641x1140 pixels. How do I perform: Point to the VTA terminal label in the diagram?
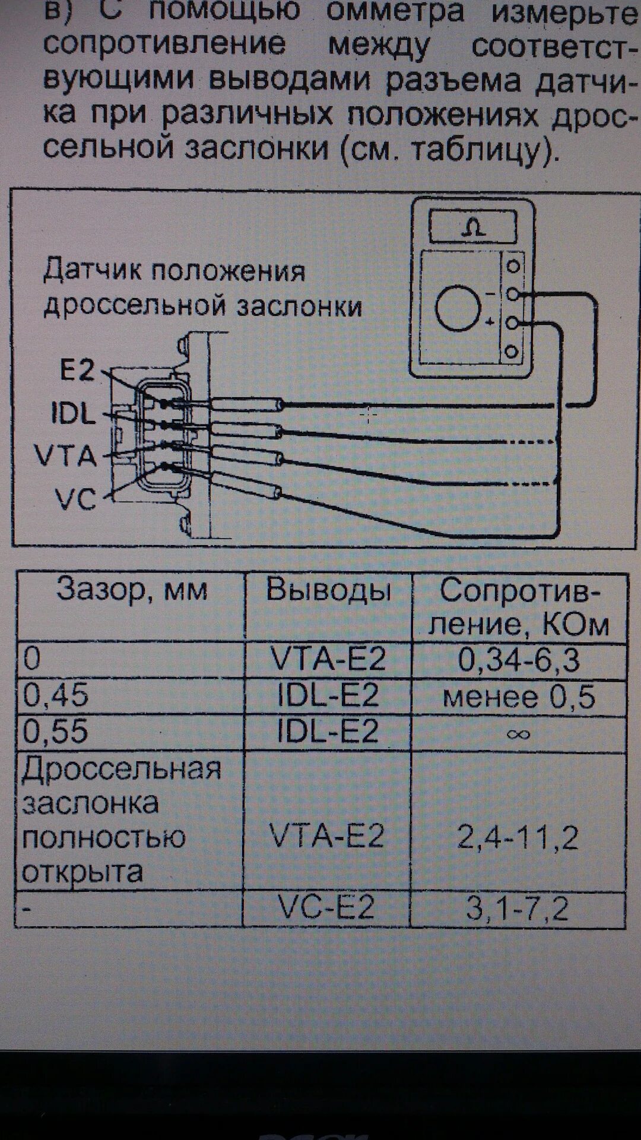point(65,456)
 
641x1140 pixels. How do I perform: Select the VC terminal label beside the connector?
point(75,499)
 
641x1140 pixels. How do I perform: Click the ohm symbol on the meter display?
point(473,228)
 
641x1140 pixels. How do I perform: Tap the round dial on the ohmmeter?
point(458,308)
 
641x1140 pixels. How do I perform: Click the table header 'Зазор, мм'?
point(132,590)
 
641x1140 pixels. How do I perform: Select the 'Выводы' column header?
point(328,590)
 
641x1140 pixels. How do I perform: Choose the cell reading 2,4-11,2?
point(518,838)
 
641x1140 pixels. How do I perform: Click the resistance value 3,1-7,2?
point(518,908)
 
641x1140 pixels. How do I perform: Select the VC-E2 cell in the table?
point(327,908)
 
